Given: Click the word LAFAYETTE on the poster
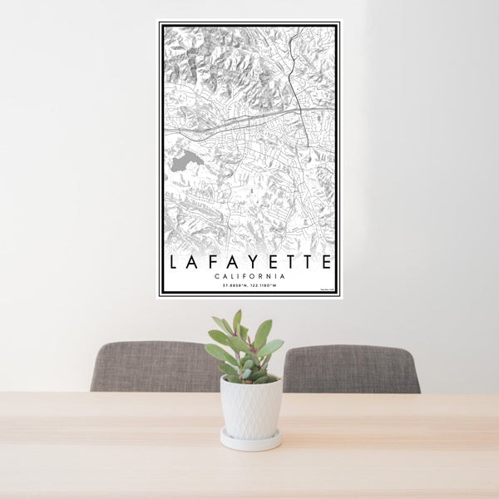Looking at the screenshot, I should [x=249, y=262].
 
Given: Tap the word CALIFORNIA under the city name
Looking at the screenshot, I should [x=249, y=276].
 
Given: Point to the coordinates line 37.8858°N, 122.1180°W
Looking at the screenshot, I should [x=249, y=286].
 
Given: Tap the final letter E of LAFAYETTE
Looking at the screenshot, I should [x=327, y=262].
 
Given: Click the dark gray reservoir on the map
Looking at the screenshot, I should [x=185, y=161].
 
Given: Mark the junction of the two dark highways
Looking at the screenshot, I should [x=302, y=109].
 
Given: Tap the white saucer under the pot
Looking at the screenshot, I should [x=250, y=440].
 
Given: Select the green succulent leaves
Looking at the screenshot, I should [x=245, y=345].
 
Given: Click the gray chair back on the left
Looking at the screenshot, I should [x=154, y=366].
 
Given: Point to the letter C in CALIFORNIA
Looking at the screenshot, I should [x=215, y=276].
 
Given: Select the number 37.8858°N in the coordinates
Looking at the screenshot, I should [x=234, y=286].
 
